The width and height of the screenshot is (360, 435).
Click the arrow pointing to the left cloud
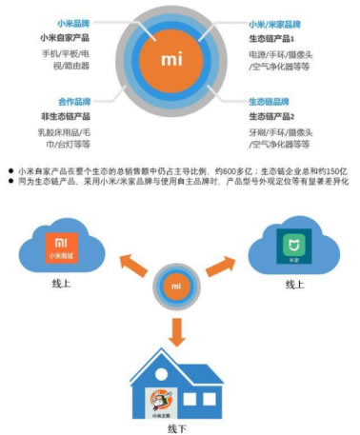(x=120, y=263)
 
